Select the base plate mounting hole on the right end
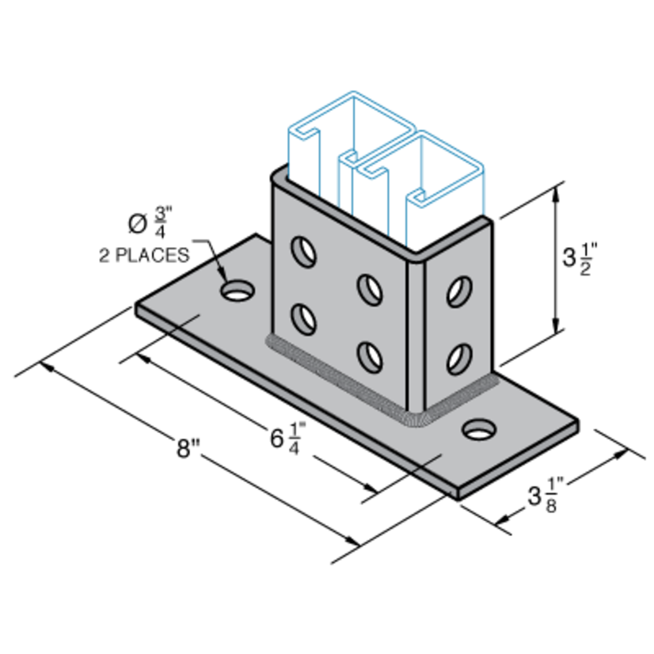click(x=477, y=430)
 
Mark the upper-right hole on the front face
click(x=367, y=288)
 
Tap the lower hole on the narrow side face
click(x=455, y=358)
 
